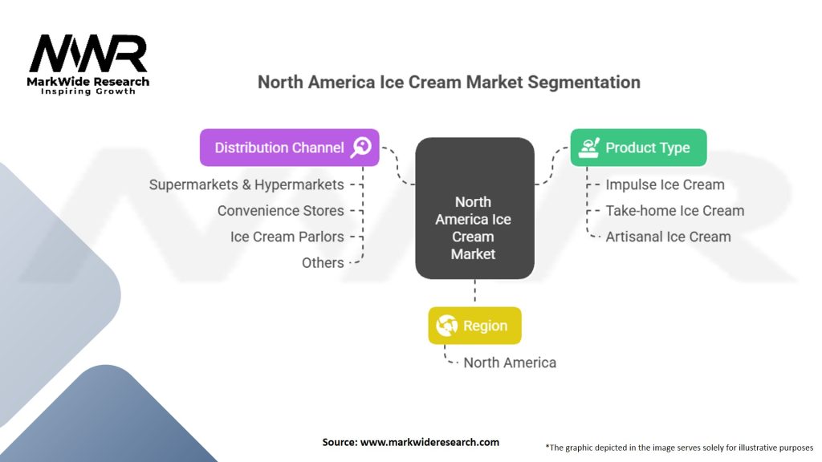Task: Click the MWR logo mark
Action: click(88, 54)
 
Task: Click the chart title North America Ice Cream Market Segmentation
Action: click(449, 83)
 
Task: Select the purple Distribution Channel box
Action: click(289, 148)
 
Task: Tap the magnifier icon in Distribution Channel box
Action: click(360, 148)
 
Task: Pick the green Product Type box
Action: click(638, 148)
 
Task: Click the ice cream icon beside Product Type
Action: click(589, 148)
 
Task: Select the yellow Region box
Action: click(475, 326)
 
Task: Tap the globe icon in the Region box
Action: click(446, 326)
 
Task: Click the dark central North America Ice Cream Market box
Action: click(475, 208)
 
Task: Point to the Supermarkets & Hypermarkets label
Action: click(246, 185)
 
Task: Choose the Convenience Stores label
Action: click(280, 211)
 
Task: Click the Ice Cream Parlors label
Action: click(287, 237)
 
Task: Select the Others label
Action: click(323, 263)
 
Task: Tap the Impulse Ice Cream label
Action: click(665, 185)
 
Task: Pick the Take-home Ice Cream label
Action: click(674, 211)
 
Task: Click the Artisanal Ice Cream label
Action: click(668, 237)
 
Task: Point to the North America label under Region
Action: click(510, 363)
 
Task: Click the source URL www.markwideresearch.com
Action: click(429, 442)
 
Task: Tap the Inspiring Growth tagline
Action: click(88, 91)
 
